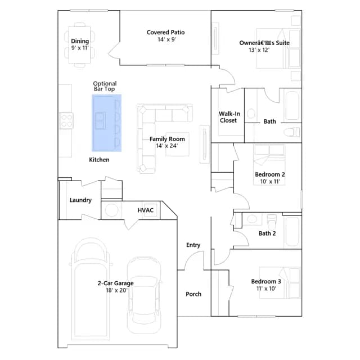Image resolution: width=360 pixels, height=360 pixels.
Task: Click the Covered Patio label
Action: pos(165,33)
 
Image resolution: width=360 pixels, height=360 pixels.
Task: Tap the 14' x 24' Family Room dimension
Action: pos(167,146)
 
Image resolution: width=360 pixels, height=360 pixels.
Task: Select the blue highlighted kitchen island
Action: pos(106,123)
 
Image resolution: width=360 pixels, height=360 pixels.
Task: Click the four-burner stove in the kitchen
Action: pos(66,120)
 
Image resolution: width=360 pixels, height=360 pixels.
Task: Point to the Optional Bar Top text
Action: pos(105,86)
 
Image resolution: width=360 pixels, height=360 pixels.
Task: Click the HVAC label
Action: pos(145,210)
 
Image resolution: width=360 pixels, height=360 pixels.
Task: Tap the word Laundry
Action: pos(80,200)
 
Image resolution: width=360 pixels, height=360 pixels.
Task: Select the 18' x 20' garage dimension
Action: pos(116,290)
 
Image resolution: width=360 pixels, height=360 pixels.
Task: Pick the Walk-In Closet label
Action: pos(229,117)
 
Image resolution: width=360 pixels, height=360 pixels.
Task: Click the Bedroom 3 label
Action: pos(266,281)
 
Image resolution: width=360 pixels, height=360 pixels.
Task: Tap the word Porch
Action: pos(193,294)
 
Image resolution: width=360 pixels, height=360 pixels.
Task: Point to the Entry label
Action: pos(193,245)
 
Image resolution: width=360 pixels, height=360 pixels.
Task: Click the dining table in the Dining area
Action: pos(80,45)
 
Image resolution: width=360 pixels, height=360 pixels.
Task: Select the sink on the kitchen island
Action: pos(100,120)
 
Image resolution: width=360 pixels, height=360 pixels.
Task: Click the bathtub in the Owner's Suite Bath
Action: pos(292,106)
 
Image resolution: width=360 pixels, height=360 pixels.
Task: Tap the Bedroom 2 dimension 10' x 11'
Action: pos(270,182)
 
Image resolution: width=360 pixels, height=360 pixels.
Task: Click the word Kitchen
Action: pos(99,160)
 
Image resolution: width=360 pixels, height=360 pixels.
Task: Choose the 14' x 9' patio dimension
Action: pos(166,39)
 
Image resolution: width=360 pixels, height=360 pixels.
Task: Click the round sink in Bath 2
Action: pos(253,219)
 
